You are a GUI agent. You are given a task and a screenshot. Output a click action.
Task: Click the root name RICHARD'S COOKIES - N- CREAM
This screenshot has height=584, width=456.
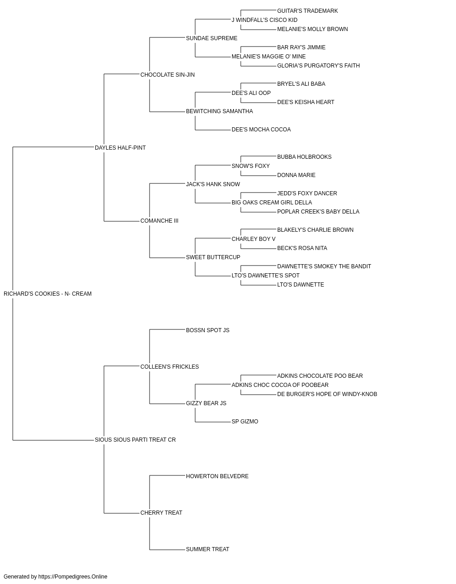(x=47, y=294)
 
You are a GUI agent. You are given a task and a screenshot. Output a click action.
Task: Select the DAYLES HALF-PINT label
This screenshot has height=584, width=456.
(x=120, y=148)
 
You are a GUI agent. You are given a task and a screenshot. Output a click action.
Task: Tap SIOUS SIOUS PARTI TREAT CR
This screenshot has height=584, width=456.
(x=135, y=440)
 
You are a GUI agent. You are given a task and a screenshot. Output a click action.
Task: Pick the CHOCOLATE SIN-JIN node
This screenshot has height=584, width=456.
(x=167, y=75)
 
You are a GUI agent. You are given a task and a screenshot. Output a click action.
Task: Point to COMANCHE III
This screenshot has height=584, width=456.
(x=159, y=221)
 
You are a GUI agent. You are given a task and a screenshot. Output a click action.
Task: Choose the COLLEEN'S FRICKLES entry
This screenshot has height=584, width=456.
(x=170, y=367)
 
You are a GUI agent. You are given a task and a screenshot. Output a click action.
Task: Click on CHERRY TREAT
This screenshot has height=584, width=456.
(x=161, y=513)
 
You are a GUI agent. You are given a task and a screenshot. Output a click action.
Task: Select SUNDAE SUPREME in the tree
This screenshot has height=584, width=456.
(x=212, y=38)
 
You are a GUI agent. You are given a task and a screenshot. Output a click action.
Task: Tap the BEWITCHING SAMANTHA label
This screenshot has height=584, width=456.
(x=219, y=111)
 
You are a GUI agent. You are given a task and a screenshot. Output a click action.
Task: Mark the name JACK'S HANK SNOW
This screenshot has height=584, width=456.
(x=213, y=184)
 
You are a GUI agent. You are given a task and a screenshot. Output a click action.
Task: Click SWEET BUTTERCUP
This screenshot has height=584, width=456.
(x=213, y=257)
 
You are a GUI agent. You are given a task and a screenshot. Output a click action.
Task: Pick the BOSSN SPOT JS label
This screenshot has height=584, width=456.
(x=207, y=330)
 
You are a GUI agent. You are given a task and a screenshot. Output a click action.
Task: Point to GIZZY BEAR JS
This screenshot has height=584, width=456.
(x=206, y=403)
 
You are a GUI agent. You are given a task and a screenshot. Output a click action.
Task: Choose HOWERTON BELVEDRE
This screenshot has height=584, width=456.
(x=217, y=476)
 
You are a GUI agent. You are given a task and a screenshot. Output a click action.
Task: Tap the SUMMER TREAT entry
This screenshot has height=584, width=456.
(x=207, y=549)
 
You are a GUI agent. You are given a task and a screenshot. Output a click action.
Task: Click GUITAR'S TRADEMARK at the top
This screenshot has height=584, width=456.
(x=307, y=11)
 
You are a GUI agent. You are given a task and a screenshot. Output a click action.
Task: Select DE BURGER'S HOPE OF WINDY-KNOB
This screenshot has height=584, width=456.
(x=327, y=394)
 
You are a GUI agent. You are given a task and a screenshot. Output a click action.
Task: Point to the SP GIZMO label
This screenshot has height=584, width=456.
(x=245, y=422)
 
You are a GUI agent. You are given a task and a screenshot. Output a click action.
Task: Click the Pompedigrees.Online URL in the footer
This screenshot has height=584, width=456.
(x=73, y=577)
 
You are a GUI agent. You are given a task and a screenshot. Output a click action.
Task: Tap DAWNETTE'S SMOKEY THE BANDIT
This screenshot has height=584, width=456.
(x=324, y=266)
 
